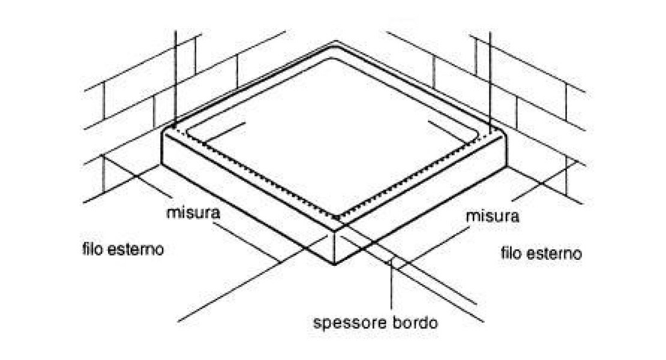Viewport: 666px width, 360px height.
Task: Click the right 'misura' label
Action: click(x=493, y=216)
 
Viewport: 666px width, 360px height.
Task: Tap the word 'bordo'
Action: click(x=416, y=323)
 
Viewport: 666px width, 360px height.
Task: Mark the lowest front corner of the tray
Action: click(x=335, y=265)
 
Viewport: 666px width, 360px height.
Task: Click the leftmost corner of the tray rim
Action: click(x=163, y=136)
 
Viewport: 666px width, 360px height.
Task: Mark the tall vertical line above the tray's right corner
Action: click(x=490, y=78)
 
